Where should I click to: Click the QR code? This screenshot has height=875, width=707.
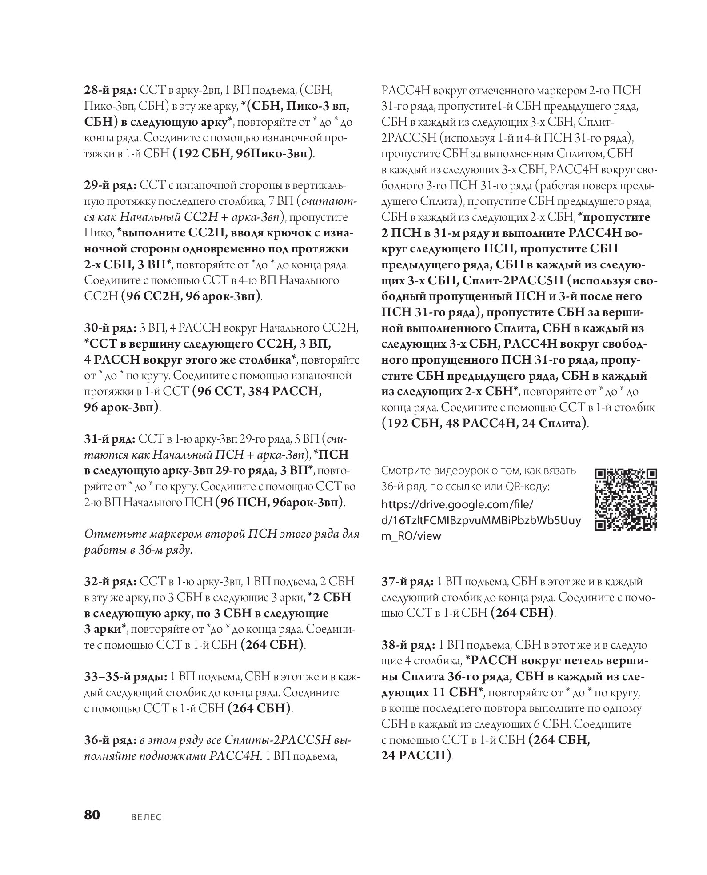pos(625,499)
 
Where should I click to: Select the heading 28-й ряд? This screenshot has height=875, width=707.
pos(111,91)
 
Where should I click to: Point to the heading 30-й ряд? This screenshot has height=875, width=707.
pos(111,328)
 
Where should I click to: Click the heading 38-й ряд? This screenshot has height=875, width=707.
pos(408,645)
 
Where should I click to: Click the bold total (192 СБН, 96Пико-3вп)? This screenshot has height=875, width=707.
pos(243,154)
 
